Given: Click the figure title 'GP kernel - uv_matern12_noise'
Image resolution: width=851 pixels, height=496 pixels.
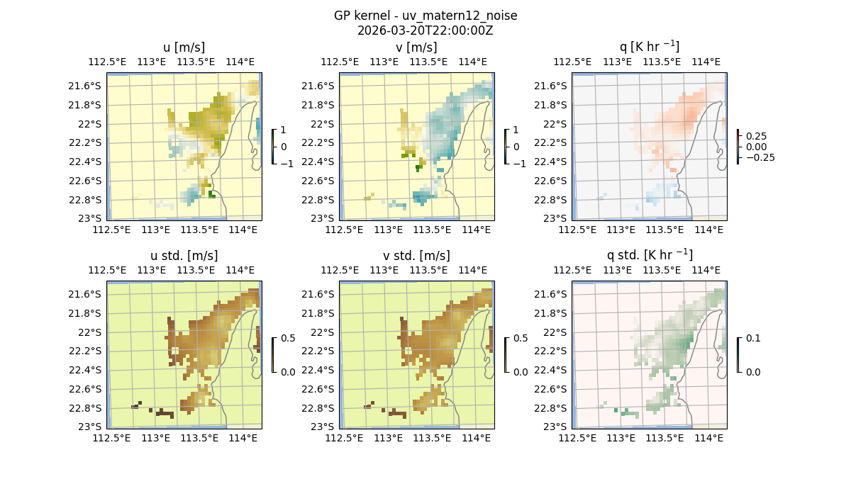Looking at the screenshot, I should click(x=425, y=16).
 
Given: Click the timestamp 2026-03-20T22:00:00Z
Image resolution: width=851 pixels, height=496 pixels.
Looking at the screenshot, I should click(x=425, y=30).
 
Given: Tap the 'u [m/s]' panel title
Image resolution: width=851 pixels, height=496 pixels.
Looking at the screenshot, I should click(x=184, y=47).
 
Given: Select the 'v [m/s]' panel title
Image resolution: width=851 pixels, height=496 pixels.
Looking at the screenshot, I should click(x=416, y=47).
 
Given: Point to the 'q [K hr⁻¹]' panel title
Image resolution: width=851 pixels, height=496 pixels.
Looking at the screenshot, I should click(x=649, y=47).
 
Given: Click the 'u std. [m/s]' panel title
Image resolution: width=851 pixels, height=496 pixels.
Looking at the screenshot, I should click(x=184, y=255).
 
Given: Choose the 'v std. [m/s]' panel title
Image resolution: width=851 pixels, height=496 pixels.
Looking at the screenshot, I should click(x=416, y=255).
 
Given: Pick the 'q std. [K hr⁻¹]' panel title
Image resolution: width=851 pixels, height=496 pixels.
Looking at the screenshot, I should click(x=649, y=254).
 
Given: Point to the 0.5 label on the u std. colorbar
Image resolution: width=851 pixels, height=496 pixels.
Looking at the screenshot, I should click(x=289, y=338).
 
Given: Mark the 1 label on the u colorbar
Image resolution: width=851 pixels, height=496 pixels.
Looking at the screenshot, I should click(x=284, y=130).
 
